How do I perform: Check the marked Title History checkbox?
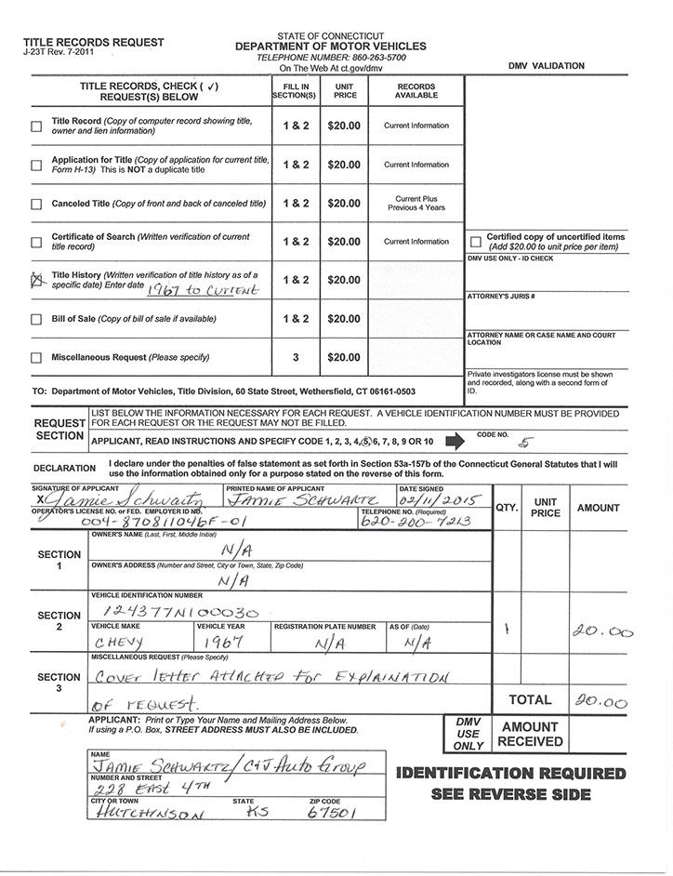pos(37,280)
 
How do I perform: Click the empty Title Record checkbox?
pos(37,126)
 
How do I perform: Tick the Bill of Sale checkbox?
pos(37,320)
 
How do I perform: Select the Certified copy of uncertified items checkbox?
pos(476,241)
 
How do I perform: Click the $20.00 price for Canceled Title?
pos(344,203)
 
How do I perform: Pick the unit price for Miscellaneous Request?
pos(344,357)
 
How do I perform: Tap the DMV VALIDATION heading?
pos(547,66)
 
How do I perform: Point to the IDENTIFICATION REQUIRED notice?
pos(510,774)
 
